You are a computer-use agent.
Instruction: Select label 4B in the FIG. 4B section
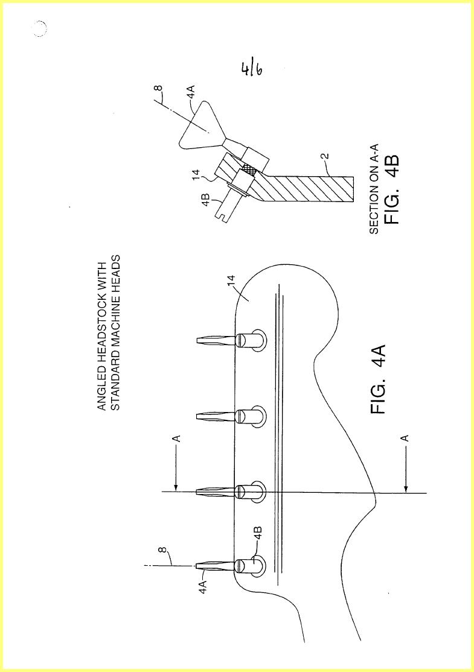205,200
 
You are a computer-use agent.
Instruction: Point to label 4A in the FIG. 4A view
203,586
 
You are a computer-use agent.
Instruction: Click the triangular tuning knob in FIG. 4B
198,124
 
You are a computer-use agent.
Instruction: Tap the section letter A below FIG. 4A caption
404,438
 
